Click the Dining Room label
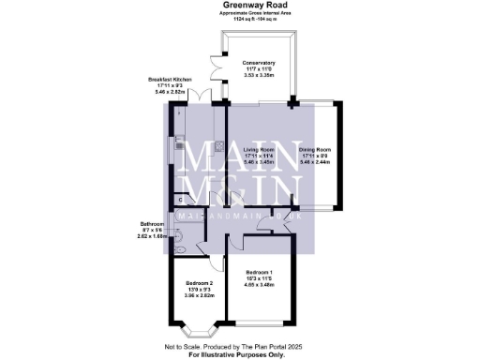(x=316, y=149)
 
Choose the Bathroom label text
(x=153, y=224)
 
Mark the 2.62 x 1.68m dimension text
(x=153, y=237)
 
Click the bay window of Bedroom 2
(x=200, y=329)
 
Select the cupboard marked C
(x=179, y=200)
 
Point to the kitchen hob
(x=216, y=146)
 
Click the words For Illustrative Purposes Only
(x=239, y=355)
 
